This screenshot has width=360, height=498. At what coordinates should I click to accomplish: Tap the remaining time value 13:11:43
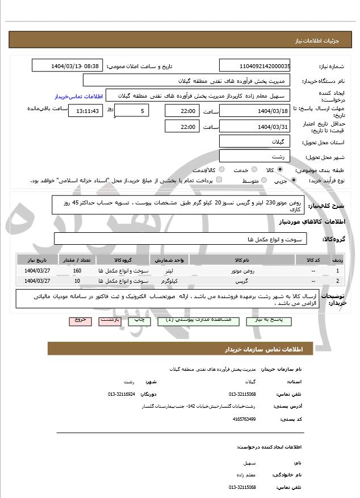pos(86,111)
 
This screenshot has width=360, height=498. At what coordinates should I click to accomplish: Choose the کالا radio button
pos(280,170)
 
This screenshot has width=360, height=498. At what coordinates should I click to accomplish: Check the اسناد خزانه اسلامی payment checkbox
pos(219,180)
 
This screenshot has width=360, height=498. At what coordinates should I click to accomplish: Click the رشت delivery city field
pos(254,156)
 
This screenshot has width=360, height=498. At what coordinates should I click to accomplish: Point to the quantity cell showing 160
pos(77,271)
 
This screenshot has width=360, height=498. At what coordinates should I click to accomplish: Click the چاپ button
pos(139,321)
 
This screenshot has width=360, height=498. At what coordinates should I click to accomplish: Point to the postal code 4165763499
pos(244,419)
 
